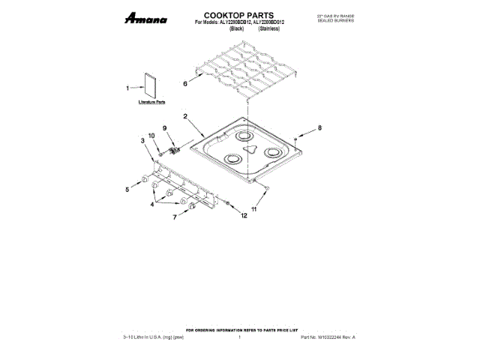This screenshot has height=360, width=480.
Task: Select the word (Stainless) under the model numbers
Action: pyautogui.click(x=271, y=31)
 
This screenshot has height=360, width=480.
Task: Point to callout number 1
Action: pyautogui.click(x=128, y=88)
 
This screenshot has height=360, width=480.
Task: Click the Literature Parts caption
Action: pyautogui.click(x=151, y=101)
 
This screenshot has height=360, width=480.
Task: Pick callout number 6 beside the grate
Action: pyautogui.click(x=185, y=84)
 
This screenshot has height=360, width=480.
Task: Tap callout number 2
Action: pyautogui.click(x=185, y=115)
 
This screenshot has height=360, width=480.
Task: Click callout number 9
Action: pyautogui.click(x=164, y=127)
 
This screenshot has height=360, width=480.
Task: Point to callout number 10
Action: pyautogui.click(x=151, y=136)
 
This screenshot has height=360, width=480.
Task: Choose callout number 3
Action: pyautogui.click(x=142, y=140)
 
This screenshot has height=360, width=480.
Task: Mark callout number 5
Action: pyautogui.click(x=127, y=190)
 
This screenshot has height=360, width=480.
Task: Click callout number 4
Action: pyautogui.click(x=152, y=203)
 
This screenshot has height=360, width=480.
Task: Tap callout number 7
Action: pyautogui.click(x=175, y=217)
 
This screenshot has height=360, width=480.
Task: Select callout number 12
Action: pyautogui.click(x=244, y=215)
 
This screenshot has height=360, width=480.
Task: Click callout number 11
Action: pyautogui.click(x=253, y=209)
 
